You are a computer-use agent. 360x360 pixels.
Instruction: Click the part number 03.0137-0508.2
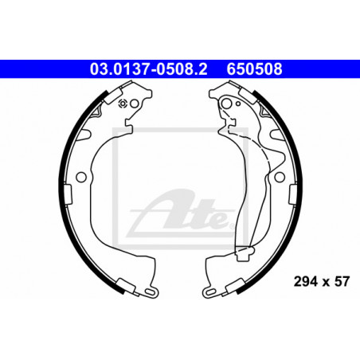[x=148, y=69]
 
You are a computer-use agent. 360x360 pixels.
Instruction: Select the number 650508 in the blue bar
[x=254, y=69]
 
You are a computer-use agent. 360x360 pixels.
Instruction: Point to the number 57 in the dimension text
[x=342, y=281]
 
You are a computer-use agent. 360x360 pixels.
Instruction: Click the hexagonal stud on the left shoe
[x=123, y=104]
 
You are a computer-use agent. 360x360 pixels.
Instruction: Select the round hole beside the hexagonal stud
[x=135, y=104]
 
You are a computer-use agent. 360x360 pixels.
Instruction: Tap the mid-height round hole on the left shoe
[x=81, y=177]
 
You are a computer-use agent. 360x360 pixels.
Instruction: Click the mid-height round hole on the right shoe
[x=280, y=177]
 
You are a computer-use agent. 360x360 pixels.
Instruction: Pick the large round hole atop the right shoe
[x=226, y=104]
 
